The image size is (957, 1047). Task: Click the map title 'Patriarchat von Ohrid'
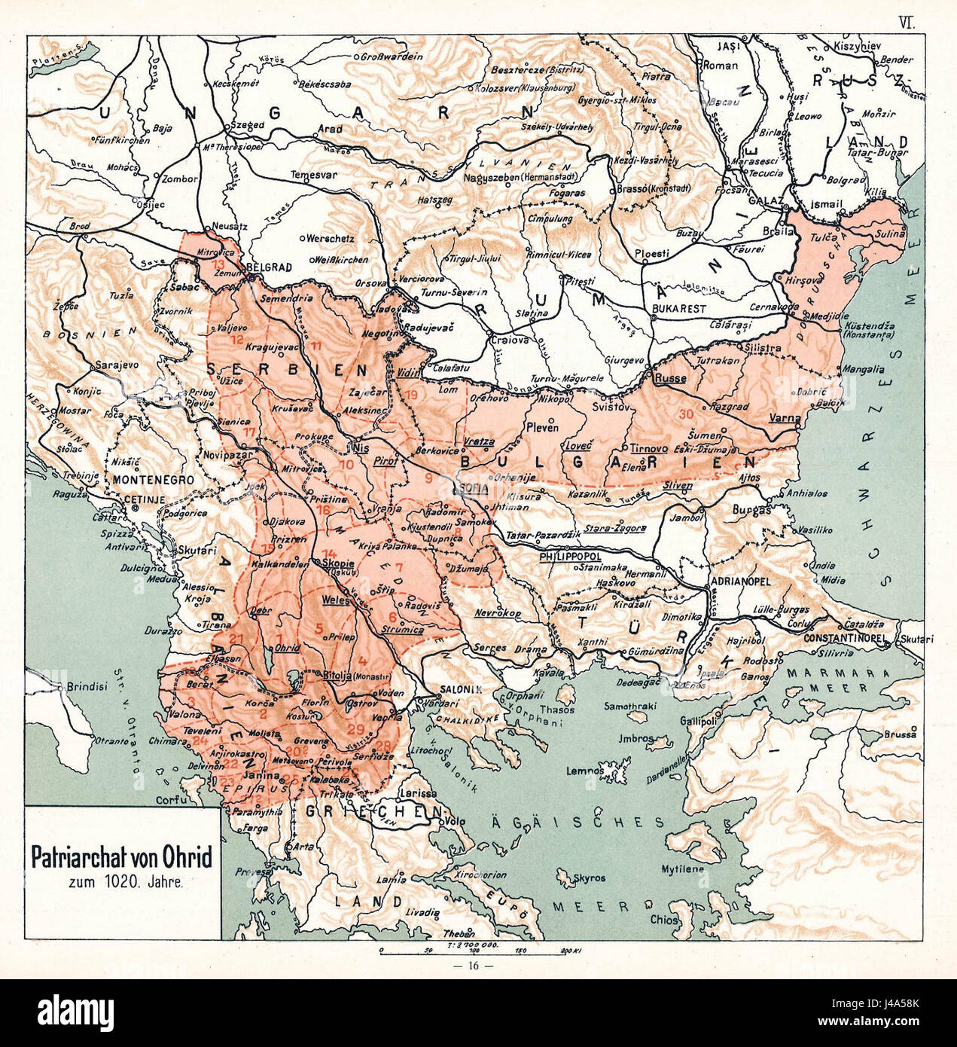(x=121, y=858)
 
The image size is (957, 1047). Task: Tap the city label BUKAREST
(x=679, y=309)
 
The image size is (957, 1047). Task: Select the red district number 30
(x=685, y=414)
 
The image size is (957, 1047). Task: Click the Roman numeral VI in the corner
(x=905, y=23)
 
